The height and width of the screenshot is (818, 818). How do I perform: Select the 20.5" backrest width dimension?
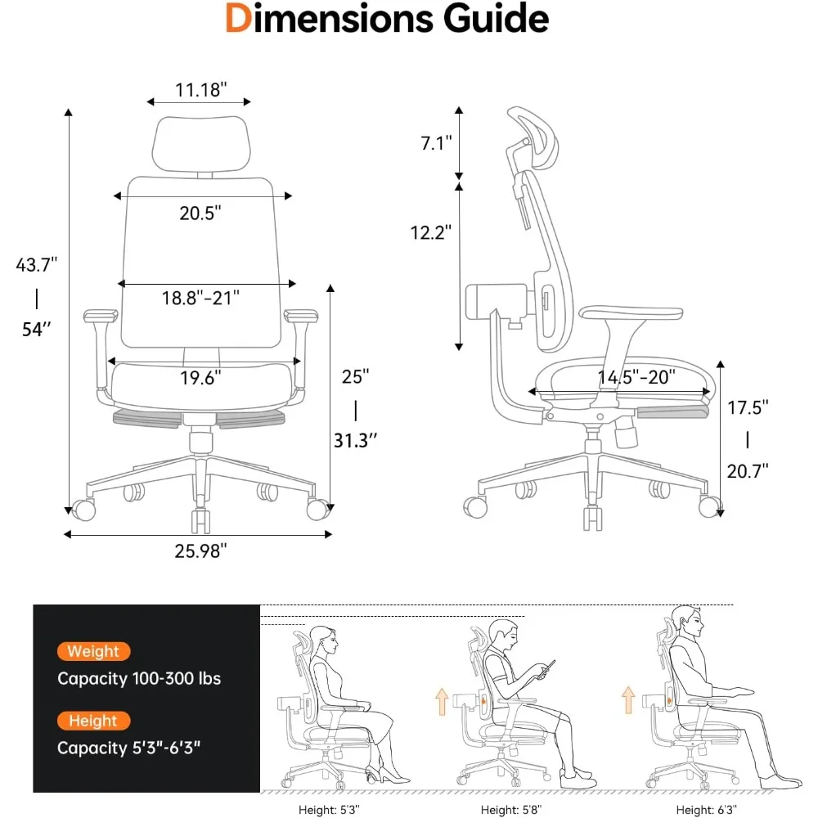point(200,213)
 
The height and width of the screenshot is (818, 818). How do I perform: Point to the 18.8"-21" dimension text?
point(200,298)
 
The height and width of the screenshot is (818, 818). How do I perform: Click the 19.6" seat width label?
point(200,378)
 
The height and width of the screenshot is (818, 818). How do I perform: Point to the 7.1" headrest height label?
point(436,144)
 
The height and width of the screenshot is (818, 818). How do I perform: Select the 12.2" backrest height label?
point(431,232)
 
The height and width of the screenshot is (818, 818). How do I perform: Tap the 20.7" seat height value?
point(747,471)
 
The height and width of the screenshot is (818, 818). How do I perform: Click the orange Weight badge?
point(94,652)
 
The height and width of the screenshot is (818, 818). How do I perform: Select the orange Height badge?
point(93,721)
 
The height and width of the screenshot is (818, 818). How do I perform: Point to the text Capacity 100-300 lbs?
point(139,678)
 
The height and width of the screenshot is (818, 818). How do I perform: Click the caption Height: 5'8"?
point(512,809)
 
